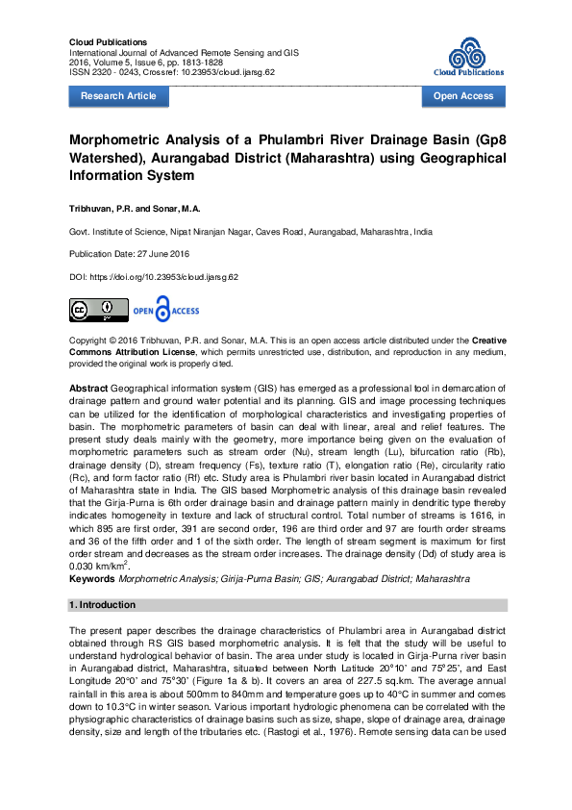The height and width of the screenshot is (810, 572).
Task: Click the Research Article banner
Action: [x=117, y=96]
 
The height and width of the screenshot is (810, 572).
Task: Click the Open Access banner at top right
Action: [x=463, y=96]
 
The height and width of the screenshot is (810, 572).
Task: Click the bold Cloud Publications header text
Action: [x=109, y=43]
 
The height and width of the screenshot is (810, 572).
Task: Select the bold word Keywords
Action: [x=92, y=580]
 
